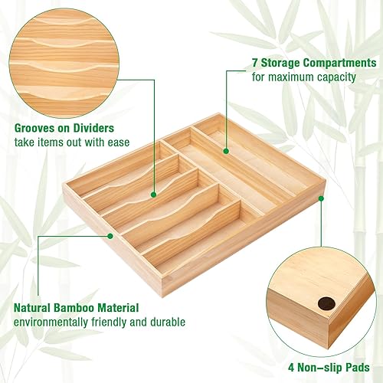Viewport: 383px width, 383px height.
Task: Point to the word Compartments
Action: (336, 63)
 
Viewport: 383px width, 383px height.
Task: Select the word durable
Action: (166, 322)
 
